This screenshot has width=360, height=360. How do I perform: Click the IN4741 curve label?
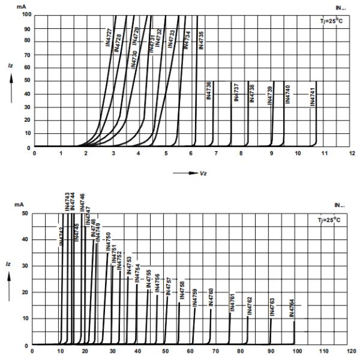313,97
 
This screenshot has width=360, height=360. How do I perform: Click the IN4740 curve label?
287,95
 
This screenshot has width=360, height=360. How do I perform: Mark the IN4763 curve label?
272,307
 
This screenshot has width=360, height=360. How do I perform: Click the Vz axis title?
203,173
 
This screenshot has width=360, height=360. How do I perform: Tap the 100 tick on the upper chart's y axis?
26,14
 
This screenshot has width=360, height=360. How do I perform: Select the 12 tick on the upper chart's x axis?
351,154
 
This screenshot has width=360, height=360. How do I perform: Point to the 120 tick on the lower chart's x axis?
352,352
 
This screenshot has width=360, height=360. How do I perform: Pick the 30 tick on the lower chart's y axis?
24,266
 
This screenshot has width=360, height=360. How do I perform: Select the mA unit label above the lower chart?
19,205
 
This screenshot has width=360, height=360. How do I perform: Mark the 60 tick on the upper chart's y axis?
28,67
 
